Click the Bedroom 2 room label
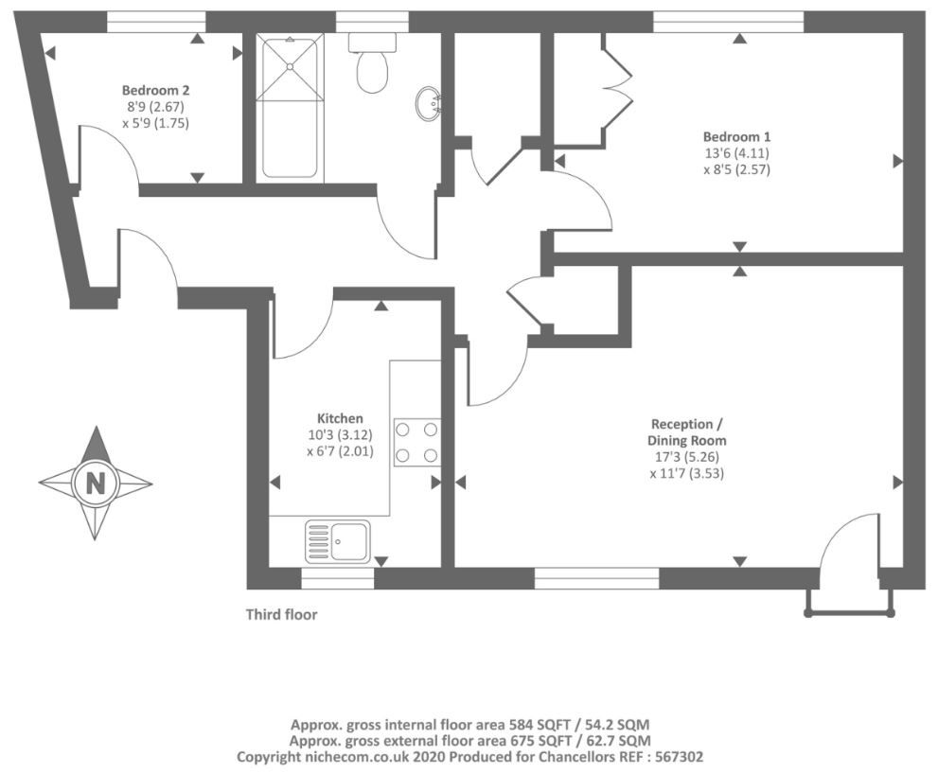[x=155, y=90]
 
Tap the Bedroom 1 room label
[x=736, y=136]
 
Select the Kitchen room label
[x=340, y=418]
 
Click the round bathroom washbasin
[x=428, y=104]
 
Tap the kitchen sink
[x=337, y=542]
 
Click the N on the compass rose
[x=95, y=483]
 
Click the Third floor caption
[x=282, y=614]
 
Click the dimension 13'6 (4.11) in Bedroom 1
[x=736, y=152]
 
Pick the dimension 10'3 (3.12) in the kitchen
[x=340, y=435]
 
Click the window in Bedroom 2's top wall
[x=156, y=22]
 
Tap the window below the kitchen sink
[x=337, y=578]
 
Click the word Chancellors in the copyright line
[x=573, y=757]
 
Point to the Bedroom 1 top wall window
[x=728, y=22]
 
